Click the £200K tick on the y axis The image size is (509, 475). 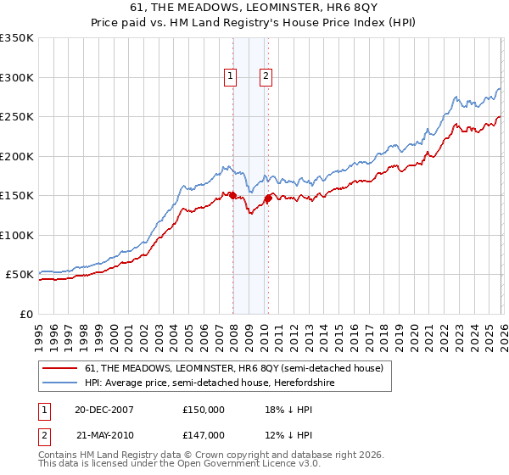point(17,156)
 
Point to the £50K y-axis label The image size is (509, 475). point(20,275)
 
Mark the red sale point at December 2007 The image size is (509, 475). point(232,196)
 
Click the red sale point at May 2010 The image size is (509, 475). point(268,198)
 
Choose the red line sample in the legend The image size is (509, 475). point(61,369)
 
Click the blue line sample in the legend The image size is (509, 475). point(61,383)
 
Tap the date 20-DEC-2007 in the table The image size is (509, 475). point(104,409)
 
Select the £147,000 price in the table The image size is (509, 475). point(203,434)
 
